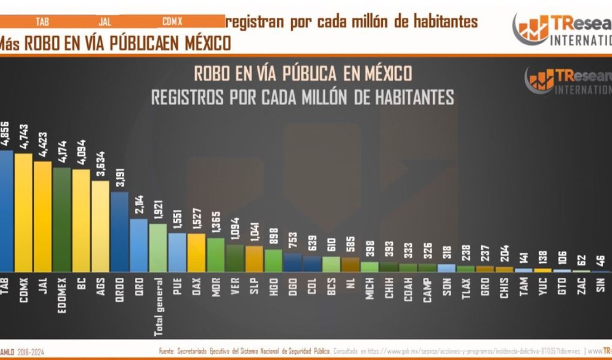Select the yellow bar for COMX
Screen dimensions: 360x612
tap(23, 213)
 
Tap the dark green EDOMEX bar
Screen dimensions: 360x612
tap(62, 220)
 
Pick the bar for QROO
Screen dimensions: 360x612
tap(119, 232)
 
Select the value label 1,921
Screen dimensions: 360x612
tap(158, 208)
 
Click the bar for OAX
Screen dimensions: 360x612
tap(196, 253)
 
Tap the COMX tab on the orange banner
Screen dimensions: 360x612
tap(172, 22)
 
